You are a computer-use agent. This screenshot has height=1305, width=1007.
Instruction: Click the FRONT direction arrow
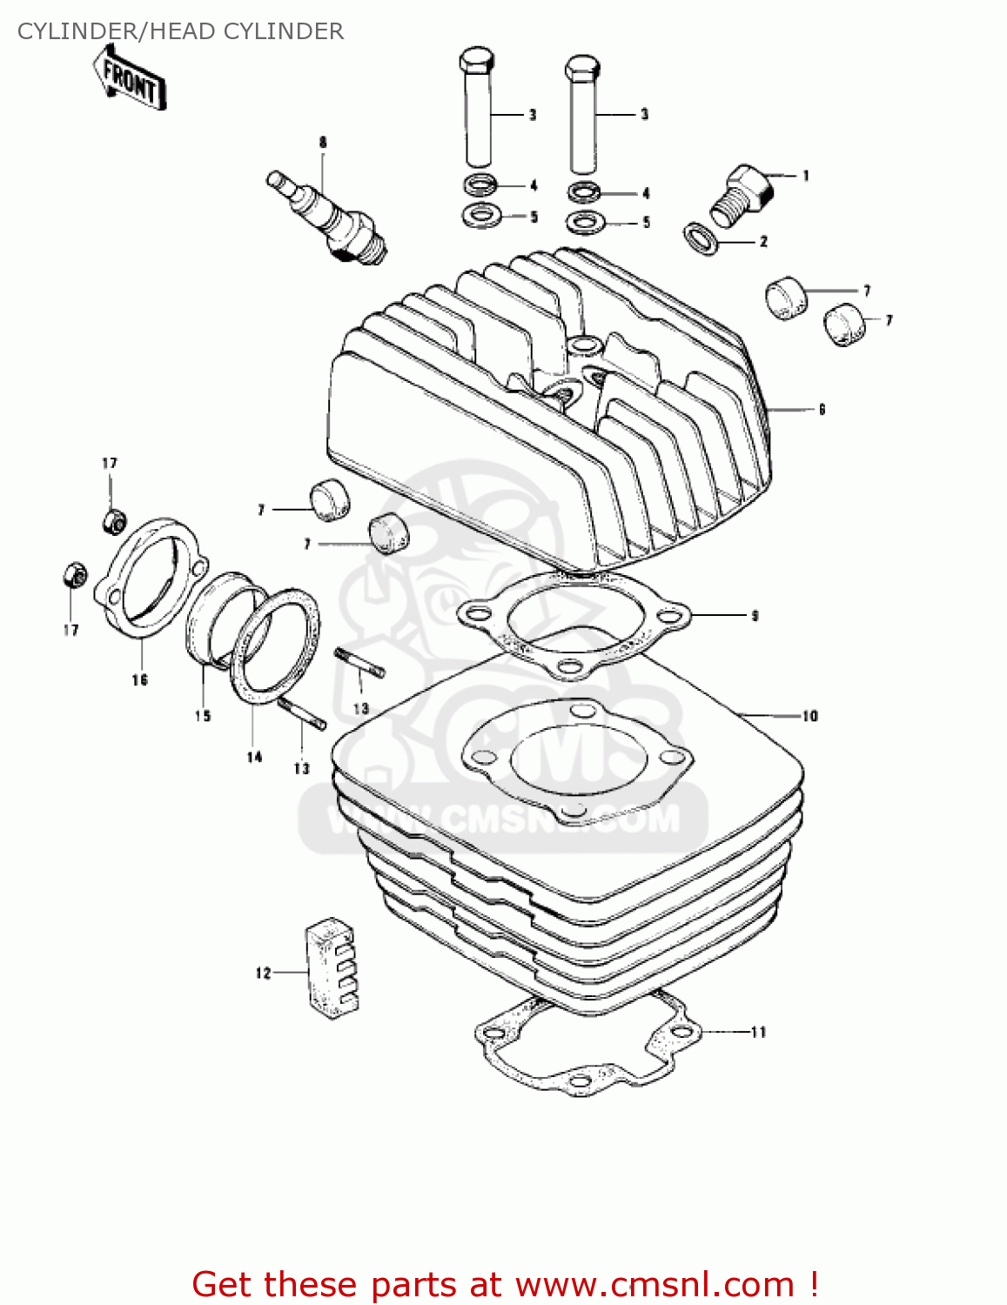coord(131,78)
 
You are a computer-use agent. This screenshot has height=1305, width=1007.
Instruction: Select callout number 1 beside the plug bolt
coord(806,176)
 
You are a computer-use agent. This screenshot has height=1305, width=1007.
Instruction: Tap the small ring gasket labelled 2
coord(701,238)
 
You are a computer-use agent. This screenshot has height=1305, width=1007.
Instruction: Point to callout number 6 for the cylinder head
coord(821,409)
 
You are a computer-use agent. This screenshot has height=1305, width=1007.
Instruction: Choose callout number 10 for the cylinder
coord(809,716)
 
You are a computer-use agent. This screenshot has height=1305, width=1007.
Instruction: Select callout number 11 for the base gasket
coord(758,1032)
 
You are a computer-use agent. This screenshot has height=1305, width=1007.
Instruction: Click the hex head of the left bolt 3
coord(476,62)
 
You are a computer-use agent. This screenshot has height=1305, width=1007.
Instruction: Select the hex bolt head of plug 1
coord(749,183)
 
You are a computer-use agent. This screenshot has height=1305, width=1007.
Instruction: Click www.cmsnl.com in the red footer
coord(655,1284)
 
